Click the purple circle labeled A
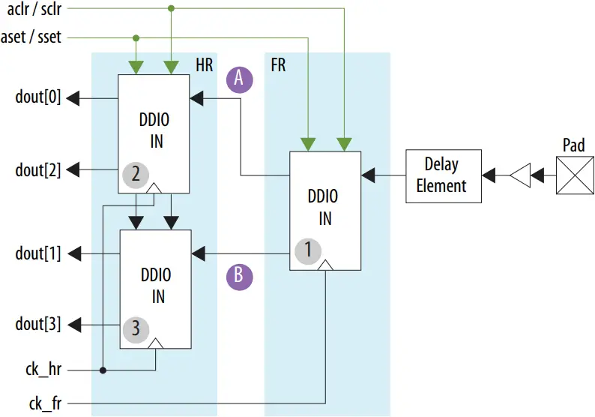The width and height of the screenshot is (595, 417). pos(240,79)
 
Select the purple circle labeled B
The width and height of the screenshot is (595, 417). pos(240,275)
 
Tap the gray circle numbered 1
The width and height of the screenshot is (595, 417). pos(306,250)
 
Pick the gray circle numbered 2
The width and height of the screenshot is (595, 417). pos(136,175)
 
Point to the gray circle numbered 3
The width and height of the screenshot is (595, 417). pos(136,328)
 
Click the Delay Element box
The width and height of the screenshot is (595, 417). pos(441,175)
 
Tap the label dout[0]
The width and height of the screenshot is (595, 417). pos(37,98)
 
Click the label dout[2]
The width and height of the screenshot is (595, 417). pos(37,170)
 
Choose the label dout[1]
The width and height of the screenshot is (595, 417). pos(37,253)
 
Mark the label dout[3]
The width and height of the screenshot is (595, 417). pos(37,324)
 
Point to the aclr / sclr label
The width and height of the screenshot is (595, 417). pos(33,10)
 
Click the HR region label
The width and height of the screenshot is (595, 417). pos(204,64)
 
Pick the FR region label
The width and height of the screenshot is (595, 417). pos(277,64)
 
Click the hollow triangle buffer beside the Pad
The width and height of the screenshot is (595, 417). pos(519,175)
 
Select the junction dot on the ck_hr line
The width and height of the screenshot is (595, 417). pos(103,370)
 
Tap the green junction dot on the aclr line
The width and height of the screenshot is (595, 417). pos(171,9)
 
